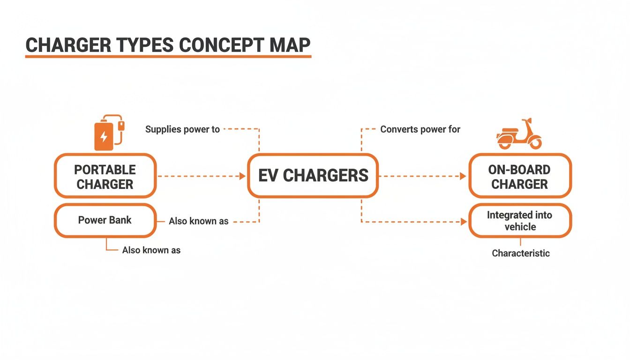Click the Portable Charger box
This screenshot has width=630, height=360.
click(105, 176)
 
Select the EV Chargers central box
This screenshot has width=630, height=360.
click(313, 176)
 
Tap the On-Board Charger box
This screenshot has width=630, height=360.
click(520, 176)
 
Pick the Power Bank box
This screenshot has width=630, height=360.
click(105, 220)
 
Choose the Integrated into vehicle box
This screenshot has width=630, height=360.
click(520, 221)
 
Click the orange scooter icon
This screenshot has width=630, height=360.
click(518, 135)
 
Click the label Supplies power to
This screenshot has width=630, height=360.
click(182, 129)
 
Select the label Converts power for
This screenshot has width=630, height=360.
click(420, 129)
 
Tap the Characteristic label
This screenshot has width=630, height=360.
click(520, 253)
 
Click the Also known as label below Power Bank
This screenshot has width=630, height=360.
click(151, 250)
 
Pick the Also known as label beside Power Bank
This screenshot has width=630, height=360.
click(199, 221)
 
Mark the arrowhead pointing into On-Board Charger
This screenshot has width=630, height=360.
click(463, 176)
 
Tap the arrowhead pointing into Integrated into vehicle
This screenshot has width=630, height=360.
click(464, 222)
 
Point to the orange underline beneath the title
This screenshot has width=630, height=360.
click(168, 57)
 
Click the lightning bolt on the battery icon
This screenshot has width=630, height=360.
click(104, 137)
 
